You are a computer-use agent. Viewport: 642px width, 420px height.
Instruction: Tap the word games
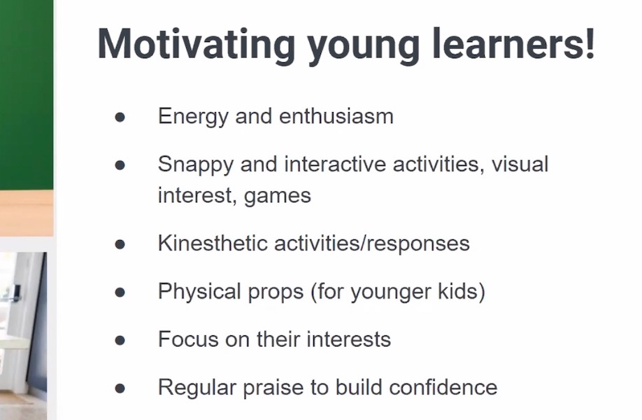click(x=278, y=195)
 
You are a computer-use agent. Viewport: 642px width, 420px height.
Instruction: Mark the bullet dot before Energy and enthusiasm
click(x=120, y=117)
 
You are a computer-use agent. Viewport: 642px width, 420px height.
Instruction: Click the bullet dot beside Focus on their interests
click(x=120, y=340)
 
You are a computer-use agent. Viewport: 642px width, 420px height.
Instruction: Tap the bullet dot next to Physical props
click(x=120, y=292)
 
